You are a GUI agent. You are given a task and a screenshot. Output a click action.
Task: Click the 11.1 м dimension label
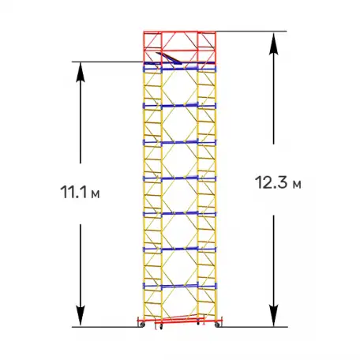pyautogui.click(x=80, y=192)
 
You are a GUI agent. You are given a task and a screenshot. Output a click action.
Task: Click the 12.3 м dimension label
pyautogui.click(x=278, y=182)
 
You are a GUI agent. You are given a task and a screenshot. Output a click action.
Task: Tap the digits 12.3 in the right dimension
pyautogui.click(x=272, y=182)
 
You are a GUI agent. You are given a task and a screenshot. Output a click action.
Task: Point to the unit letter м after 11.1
pyautogui.click(x=95, y=194)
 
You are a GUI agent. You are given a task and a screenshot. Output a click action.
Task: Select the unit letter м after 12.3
pyautogui.click(x=297, y=185)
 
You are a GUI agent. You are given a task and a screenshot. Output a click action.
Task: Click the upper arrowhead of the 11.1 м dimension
pyautogui.click(x=81, y=72)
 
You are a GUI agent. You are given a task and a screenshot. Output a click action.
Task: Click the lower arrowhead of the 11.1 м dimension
pyautogui.click(x=81, y=317)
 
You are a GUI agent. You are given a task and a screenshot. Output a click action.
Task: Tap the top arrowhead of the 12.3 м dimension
pyautogui.click(x=274, y=43)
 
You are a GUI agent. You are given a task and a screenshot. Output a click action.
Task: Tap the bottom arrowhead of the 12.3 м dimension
pyautogui.click(x=274, y=316)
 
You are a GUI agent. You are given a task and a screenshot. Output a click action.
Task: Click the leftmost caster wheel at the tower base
pyautogui.click(x=142, y=325)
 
